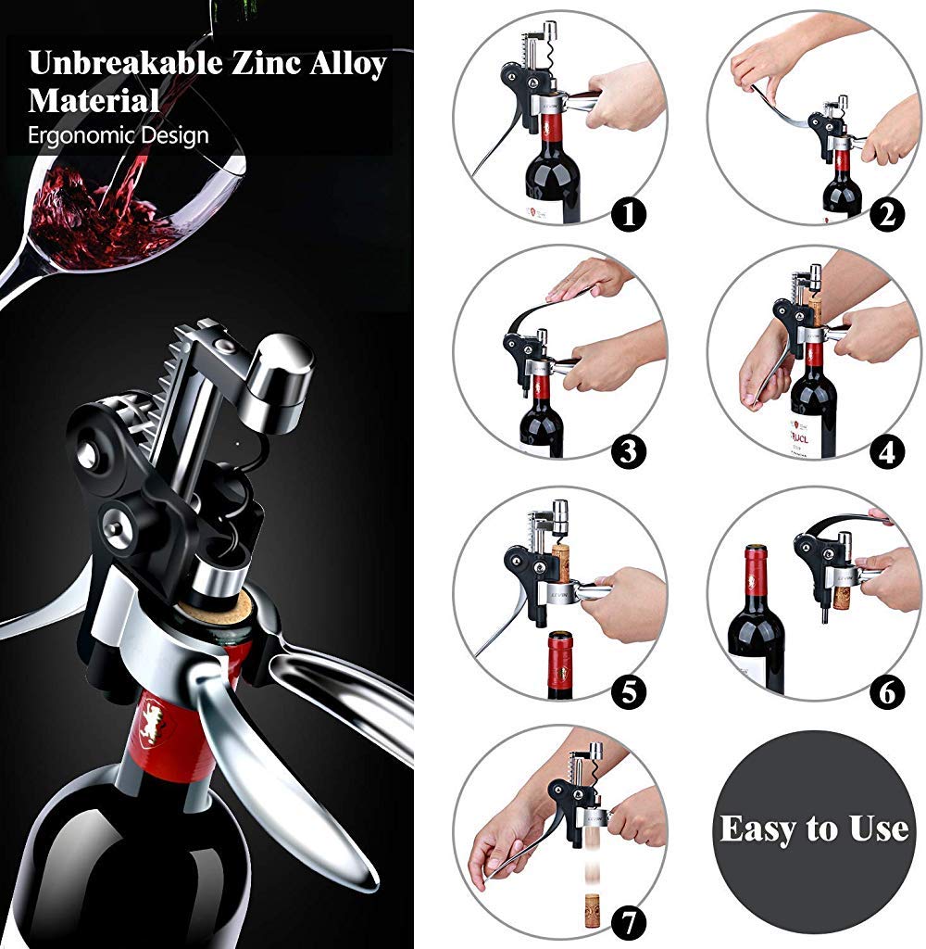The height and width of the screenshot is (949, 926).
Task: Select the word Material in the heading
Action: pyautogui.click(x=94, y=100)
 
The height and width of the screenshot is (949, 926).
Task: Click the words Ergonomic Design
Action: pyautogui.click(x=119, y=135)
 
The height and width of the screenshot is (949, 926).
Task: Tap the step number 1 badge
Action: pyautogui.click(x=630, y=215)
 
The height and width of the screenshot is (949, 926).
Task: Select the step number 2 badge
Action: pyautogui.click(x=887, y=215)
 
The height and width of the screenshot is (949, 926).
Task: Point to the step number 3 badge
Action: pyautogui.click(x=630, y=451)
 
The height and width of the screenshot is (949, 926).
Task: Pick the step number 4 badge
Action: pyautogui.click(x=887, y=451)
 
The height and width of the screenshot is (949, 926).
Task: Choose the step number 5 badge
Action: pyautogui.click(x=630, y=691)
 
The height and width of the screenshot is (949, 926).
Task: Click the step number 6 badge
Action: pyautogui.click(x=887, y=691)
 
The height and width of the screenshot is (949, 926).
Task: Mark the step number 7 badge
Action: pyautogui.click(x=630, y=924)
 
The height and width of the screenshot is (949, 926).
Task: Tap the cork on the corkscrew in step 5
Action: pyautogui.click(x=560, y=561)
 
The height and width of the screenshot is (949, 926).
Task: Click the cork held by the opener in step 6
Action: pyautogui.click(x=842, y=597)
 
